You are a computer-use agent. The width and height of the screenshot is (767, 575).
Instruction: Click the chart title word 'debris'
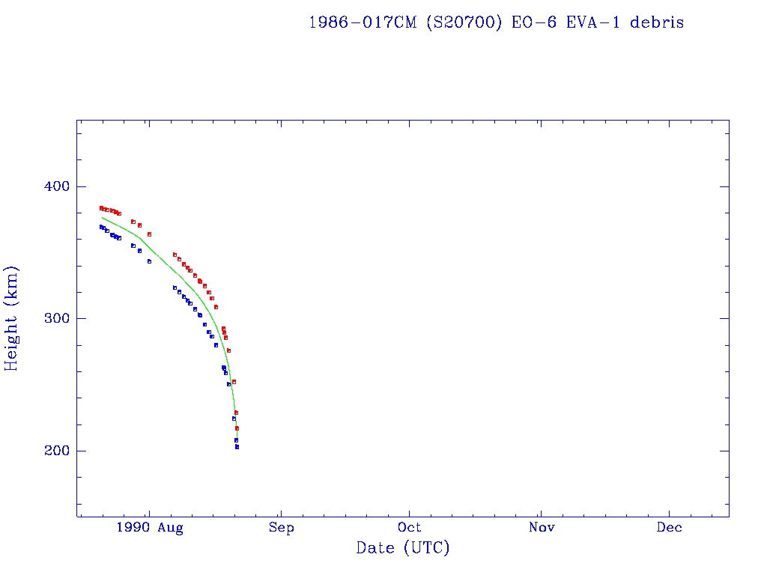[657, 22]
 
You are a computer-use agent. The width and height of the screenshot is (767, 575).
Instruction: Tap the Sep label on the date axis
[281, 528]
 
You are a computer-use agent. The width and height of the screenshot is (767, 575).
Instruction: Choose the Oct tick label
[410, 528]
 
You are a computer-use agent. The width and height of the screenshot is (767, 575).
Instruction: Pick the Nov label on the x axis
[541, 528]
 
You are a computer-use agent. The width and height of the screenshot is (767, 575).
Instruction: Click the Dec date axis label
[670, 528]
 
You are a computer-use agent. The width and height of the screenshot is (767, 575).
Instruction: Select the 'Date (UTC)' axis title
[403, 548]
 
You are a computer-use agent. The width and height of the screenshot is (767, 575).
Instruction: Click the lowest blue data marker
[237, 447]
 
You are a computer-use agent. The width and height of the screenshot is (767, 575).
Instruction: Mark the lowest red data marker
[237, 428]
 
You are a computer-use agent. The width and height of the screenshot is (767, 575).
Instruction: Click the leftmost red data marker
[101, 208]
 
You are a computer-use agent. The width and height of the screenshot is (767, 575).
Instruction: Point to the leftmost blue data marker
[101, 227]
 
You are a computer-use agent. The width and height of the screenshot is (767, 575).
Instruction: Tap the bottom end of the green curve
[237, 438]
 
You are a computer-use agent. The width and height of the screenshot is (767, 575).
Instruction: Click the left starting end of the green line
[102, 217]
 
